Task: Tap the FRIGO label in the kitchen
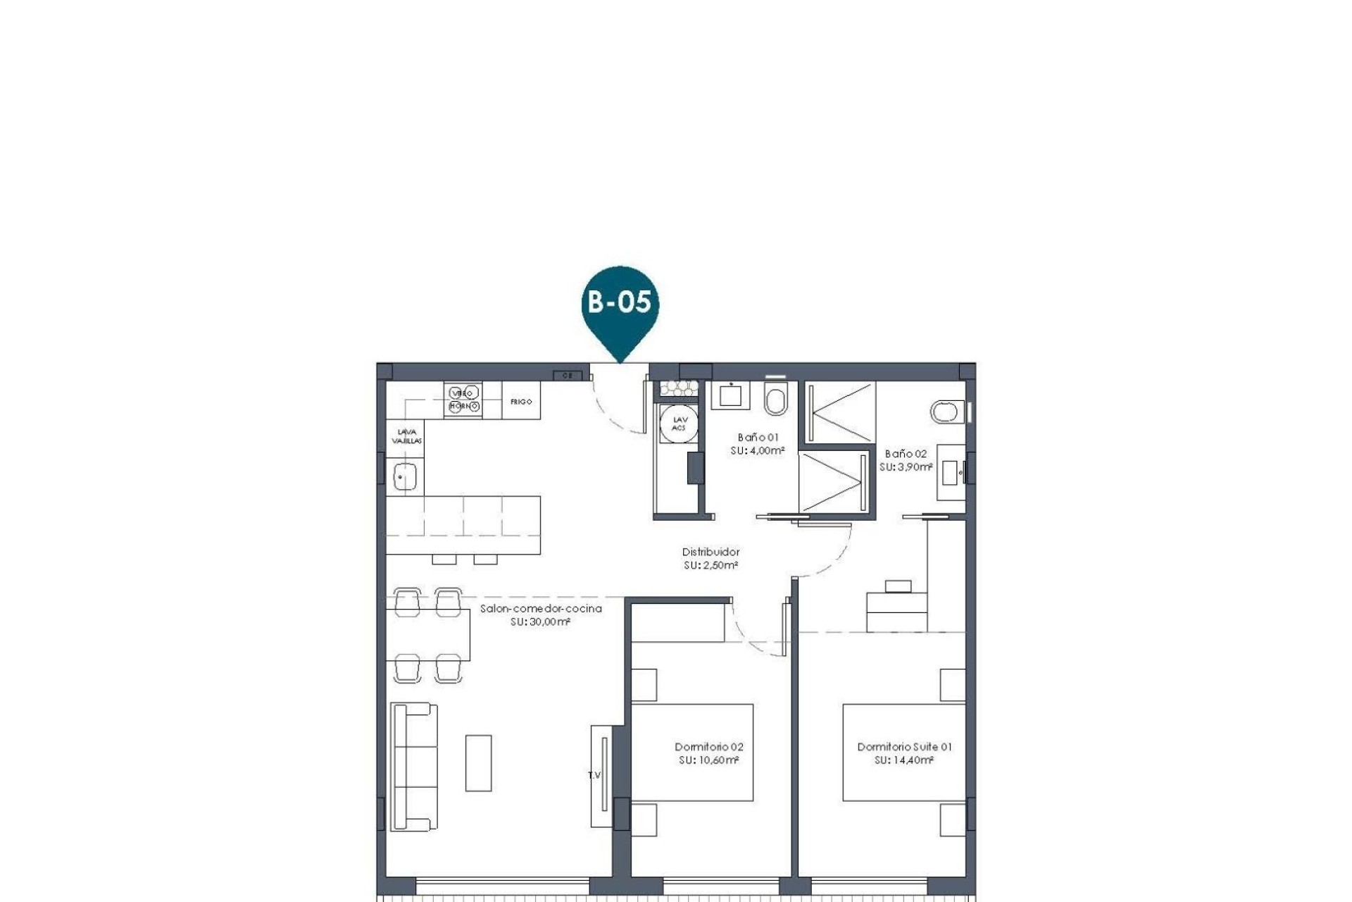click(x=521, y=402)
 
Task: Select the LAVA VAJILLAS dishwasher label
click(x=406, y=436)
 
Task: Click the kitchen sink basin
click(x=405, y=478)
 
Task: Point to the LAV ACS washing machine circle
click(x=679, y=424)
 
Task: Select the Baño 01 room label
click(x=758, y=438)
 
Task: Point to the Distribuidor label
click(x=711, y=552)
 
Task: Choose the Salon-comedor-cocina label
click(x=541, y=609)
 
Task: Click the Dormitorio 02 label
click(x=708, y=747)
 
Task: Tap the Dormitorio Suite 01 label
click(x=904, y=747)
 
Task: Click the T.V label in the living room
click(x=594, y=775)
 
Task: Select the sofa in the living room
click(x=414, y=767)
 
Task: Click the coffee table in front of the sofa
click(x=478, y=763)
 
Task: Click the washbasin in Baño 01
click(x=730, y=395)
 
